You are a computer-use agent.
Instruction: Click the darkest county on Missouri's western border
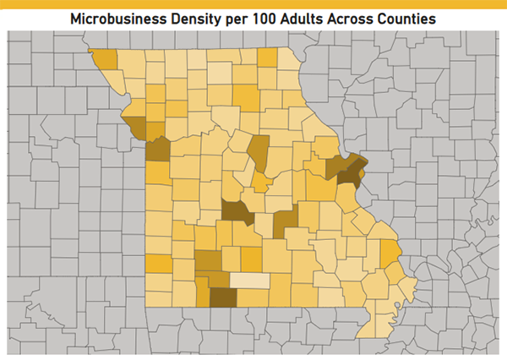(157, 150)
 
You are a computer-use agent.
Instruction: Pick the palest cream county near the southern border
(250, 281)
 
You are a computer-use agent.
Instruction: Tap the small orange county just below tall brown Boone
(261, 183)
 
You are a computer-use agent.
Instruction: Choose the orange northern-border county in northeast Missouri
(267, 57)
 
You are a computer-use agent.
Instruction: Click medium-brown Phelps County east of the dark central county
(286, 221)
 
